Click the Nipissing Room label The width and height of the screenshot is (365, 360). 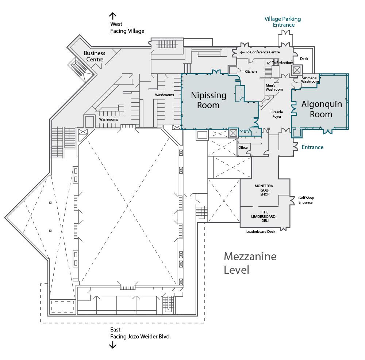tap(208, 100)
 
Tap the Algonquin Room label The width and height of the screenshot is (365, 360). tap(322, 109)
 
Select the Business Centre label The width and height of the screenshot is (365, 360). tap(95, 56)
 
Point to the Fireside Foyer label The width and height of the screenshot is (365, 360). tap(277, 114)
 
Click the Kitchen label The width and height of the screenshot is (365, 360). tap(250, 71)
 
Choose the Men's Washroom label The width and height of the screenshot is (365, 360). tap(274, 87)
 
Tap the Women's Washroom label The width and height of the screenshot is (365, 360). tap(310, 80)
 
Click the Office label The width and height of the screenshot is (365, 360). tap(243, 147)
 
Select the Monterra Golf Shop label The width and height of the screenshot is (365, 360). tap(264, 190)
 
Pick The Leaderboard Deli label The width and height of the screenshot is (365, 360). tap(263, 216)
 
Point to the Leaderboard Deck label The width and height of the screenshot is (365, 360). tap(261, 231)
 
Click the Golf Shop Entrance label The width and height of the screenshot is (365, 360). tap(306, 200)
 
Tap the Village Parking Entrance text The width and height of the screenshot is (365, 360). tap(283, 22)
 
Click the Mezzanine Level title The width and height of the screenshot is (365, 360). tap(250, 263)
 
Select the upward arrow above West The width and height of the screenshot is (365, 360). tap(113, 16)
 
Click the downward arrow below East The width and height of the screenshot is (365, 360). tap(113, 345)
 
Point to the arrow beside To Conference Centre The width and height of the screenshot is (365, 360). tap(242, 53)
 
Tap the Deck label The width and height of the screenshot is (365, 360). tap(304, 59)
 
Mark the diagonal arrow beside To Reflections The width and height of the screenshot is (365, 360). tap(269, 63)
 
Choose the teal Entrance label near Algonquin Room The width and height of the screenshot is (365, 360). tap(313, 147)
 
